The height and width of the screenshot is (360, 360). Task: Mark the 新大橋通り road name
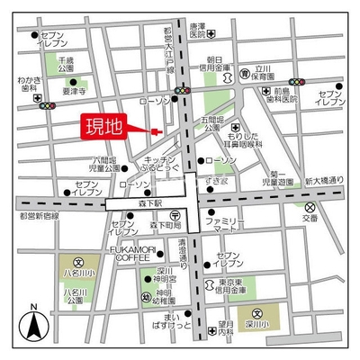[x=322, y=180]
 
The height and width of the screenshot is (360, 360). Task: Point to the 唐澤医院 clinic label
[x=197, y=31]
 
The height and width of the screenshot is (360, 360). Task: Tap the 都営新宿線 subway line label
[x=37, y=216]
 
